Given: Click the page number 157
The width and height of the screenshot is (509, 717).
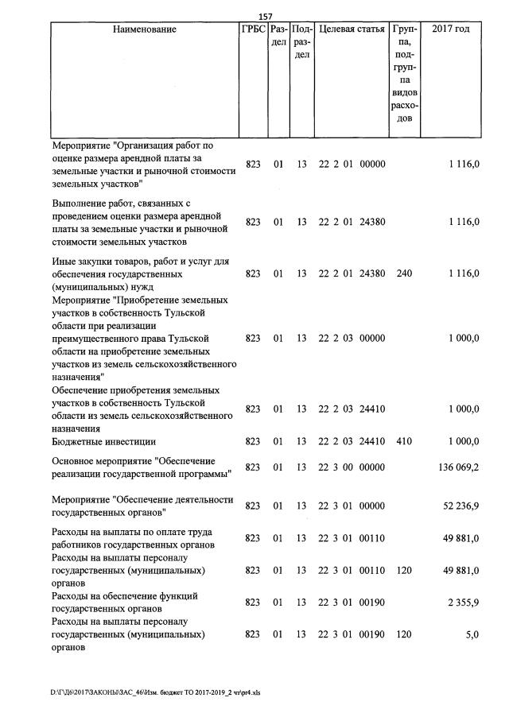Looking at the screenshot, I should coord(266,17).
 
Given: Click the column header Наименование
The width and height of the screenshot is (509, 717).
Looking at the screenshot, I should coord(144,30).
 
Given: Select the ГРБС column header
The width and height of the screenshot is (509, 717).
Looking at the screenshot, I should coord(253,30).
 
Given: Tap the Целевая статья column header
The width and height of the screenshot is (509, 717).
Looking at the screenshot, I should coord(352,30).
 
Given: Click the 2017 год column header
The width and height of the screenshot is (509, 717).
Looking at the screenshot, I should coord(450,30).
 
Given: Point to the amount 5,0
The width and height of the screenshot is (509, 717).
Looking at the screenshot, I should coord(472,635).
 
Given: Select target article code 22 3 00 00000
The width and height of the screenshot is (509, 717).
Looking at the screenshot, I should coord(352,467).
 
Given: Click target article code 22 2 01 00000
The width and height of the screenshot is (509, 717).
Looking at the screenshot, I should coord(352,165).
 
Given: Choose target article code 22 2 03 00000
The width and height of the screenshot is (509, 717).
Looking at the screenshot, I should coord(352,339).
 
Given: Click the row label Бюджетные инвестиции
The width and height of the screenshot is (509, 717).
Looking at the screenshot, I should coord(103,441).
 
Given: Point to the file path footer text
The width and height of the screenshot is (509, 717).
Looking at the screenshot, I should coord(156,692).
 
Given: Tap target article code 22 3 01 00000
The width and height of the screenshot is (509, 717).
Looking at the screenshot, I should coord(352,506).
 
